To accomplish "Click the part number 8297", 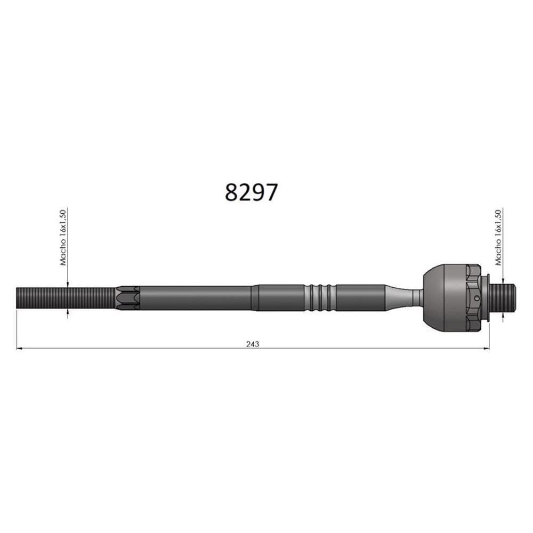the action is coord(251,192).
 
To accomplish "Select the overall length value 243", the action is coord(253,344).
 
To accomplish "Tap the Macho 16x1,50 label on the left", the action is coord(62,238).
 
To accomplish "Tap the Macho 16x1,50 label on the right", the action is coord(498,238).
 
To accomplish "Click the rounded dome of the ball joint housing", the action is coord(434,298).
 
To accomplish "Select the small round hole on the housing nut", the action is coord(477,298).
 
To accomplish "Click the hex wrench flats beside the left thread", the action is coord(128,298).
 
